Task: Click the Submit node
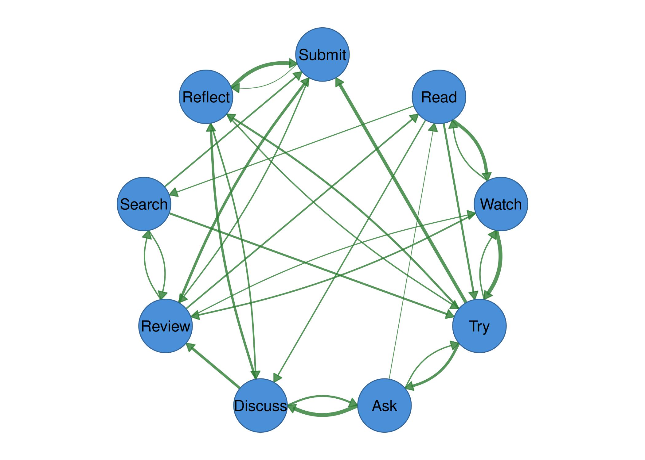[x=322, y=55]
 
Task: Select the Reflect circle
[x=206, y=97]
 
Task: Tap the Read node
[x=439, y=97]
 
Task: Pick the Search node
[x=144, y=204]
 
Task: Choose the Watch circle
[x=501, y=204]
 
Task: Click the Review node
[x=166, y=326]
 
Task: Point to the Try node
[x=479, y=326]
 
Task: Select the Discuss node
[x=260, y=405]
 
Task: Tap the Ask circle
[x=384, y=405]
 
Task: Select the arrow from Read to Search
[x=292, y=151]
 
